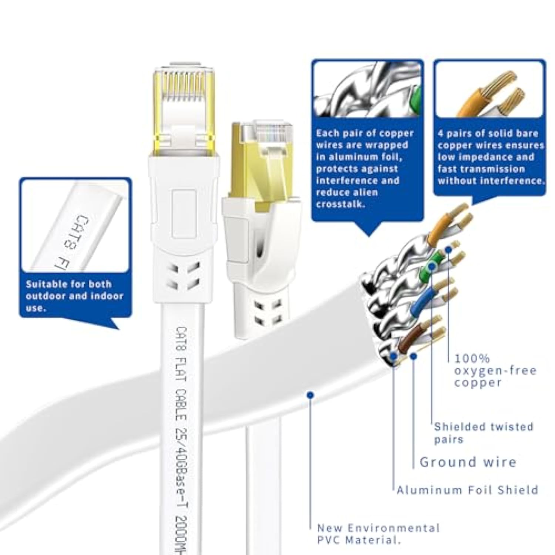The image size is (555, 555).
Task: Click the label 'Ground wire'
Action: click(468, 462)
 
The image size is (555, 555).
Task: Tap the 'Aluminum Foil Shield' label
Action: click(467, 490)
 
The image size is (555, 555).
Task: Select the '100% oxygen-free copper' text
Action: click(495, 370)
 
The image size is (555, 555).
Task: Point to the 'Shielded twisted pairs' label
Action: click(483, 433)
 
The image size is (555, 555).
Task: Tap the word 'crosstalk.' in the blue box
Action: click(340, 204)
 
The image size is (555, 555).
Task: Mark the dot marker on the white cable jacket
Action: click(310, 396)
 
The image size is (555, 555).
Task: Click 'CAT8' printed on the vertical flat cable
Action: click(182, 339)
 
